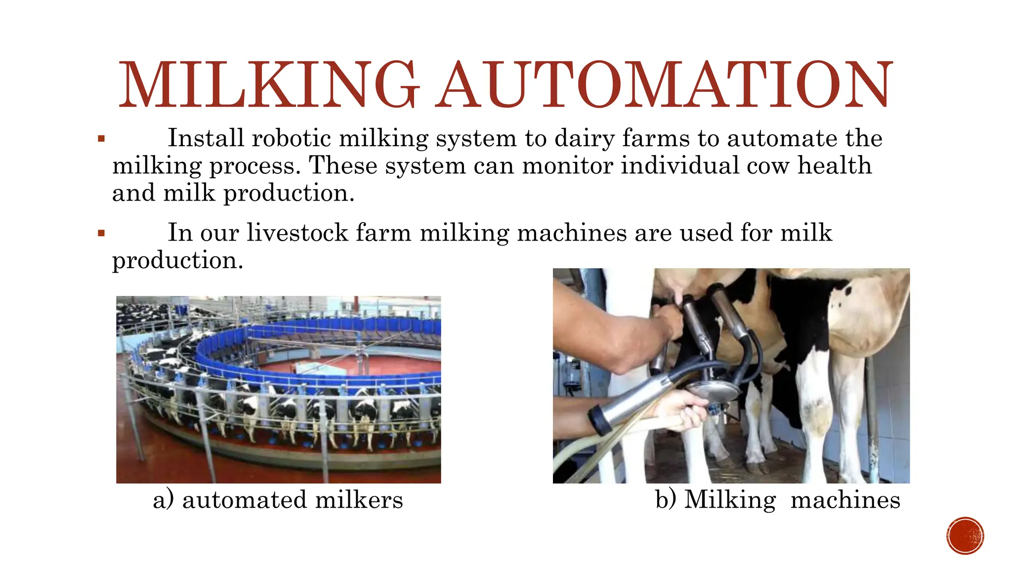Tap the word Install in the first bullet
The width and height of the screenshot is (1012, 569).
click(x=206, y=138)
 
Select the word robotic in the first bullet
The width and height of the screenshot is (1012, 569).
click(x=291, y=138)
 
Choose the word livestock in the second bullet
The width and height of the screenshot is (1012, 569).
click(x=297, y=233)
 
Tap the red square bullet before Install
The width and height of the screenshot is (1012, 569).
click(x=101, y=139)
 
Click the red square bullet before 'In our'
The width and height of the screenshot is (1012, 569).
click(x=101, y=233)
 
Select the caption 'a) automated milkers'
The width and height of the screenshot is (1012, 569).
click(x=278, y=500)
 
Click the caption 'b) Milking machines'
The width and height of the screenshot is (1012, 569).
click(x=777, y=500)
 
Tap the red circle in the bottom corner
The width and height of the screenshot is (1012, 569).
click(x=965, y=536)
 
